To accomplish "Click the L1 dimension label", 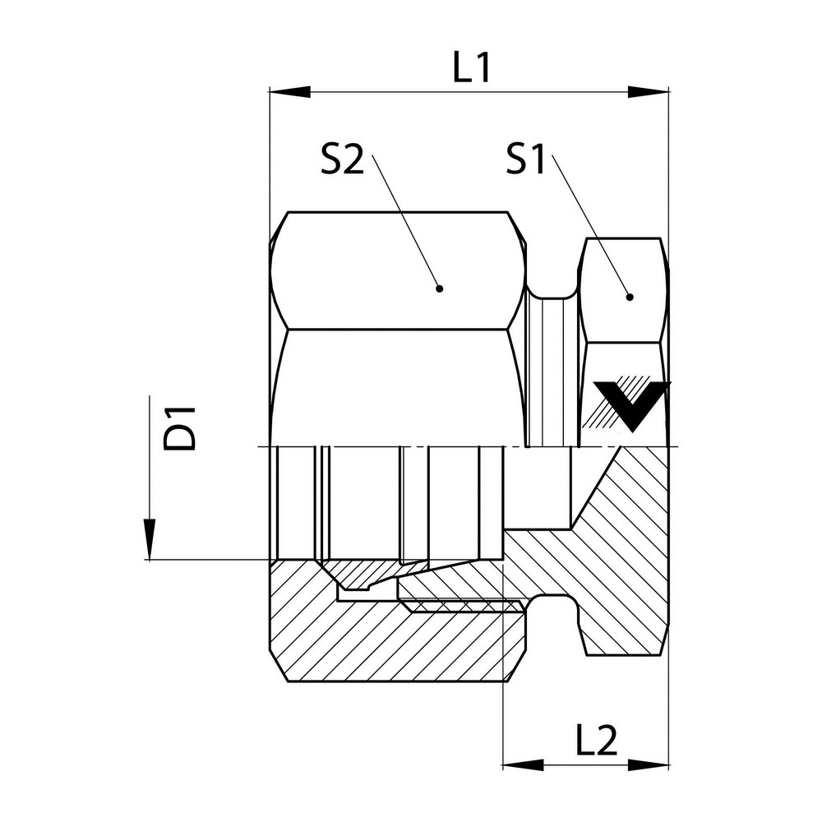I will click(x=471, y=69).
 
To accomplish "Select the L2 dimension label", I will click(x=594, y=741).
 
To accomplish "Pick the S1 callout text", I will click(x=526, y=160).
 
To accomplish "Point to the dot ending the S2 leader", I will click(x=439, y=289).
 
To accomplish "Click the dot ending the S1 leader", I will click(x=630, y=297).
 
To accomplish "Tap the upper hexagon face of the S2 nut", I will click(x=399, y=271).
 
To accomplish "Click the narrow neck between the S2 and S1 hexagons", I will click(x=551, y=370).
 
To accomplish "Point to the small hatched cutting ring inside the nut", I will click(x=362, y=575).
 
